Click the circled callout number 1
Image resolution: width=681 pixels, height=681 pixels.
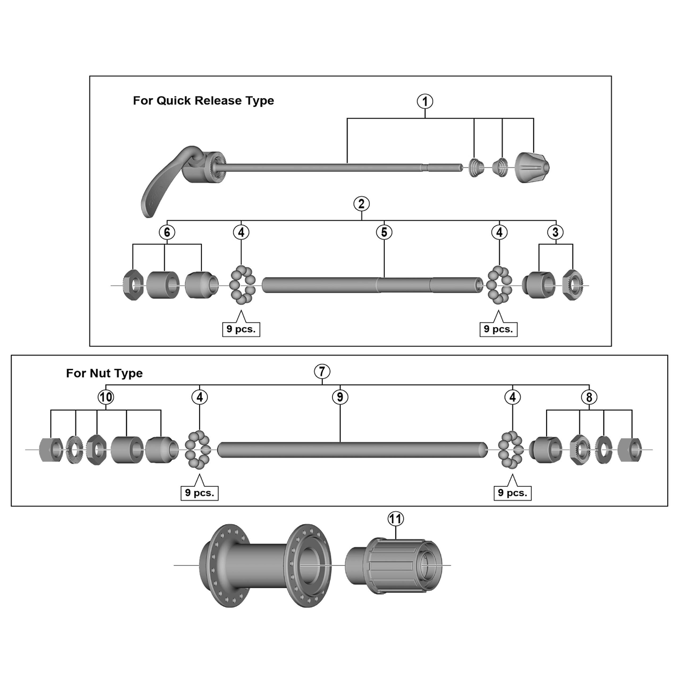click(425, 102)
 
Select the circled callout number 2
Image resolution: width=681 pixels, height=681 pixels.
click(361, 204)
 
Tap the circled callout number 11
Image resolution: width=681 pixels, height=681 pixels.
click(396, 519)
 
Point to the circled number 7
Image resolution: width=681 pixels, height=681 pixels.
click(322, 372)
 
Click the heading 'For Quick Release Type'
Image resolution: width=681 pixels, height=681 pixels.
click(204, 101)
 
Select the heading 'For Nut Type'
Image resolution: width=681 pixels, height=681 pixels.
click(104, 373)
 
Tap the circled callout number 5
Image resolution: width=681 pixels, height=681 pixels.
click(384, 232)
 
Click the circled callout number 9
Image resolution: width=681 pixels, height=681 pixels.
click(340, 397)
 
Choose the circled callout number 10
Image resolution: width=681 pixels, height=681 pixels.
click(106, 397)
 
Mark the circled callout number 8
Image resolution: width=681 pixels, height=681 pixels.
click(589, 397)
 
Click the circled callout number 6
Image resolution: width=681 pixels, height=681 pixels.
click(167, 232)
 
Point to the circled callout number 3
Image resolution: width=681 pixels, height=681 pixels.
click(555, 232)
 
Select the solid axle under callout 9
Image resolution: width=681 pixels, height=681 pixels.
click(352, 450)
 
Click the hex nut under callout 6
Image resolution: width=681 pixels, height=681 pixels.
click(133, 285)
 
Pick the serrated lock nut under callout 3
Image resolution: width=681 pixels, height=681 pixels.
click(573, 285)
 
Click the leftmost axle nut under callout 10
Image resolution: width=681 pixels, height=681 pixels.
click(51, 450)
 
